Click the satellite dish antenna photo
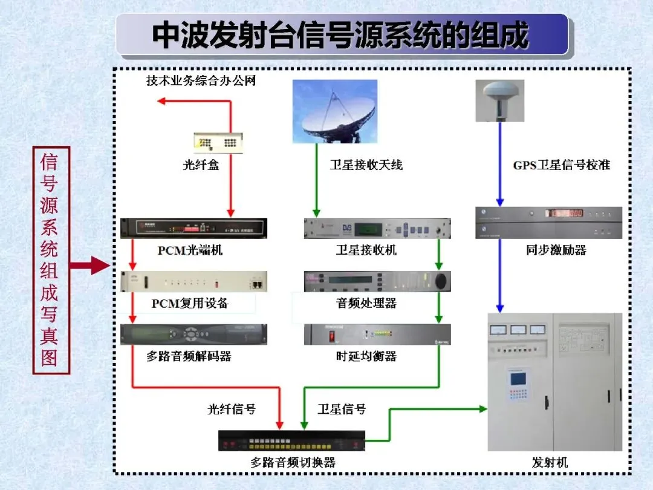pos(335,111)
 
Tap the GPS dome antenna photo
pos(500,101)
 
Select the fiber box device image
pos(218,142)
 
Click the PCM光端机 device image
pos(193,228)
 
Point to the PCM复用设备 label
pos(190,303)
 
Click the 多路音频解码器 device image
pos(193,334)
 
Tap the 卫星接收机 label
pos(366,250)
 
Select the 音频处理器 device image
pos(377,281)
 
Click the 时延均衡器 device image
pos(377,334)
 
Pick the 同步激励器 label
pos(556,250)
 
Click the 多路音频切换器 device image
pos(291,441)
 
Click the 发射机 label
pos(550,462)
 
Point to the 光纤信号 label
pos(232,409)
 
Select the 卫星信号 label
pos(342,409)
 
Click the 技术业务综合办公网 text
pos(201,80)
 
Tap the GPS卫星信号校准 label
pos(561,165)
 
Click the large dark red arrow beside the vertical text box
pos(89,266)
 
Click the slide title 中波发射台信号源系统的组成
pos(340,35)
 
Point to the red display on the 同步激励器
pos(565,214)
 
